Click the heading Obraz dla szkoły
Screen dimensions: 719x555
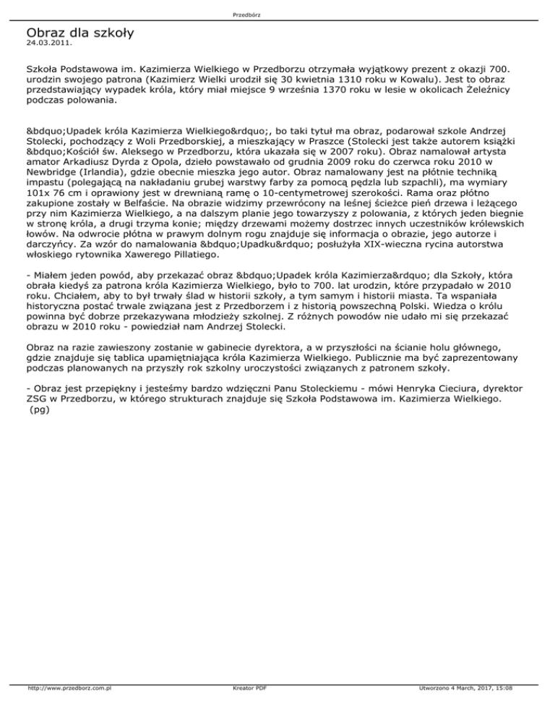click(80, 33)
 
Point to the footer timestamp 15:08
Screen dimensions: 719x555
click(502, 710)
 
